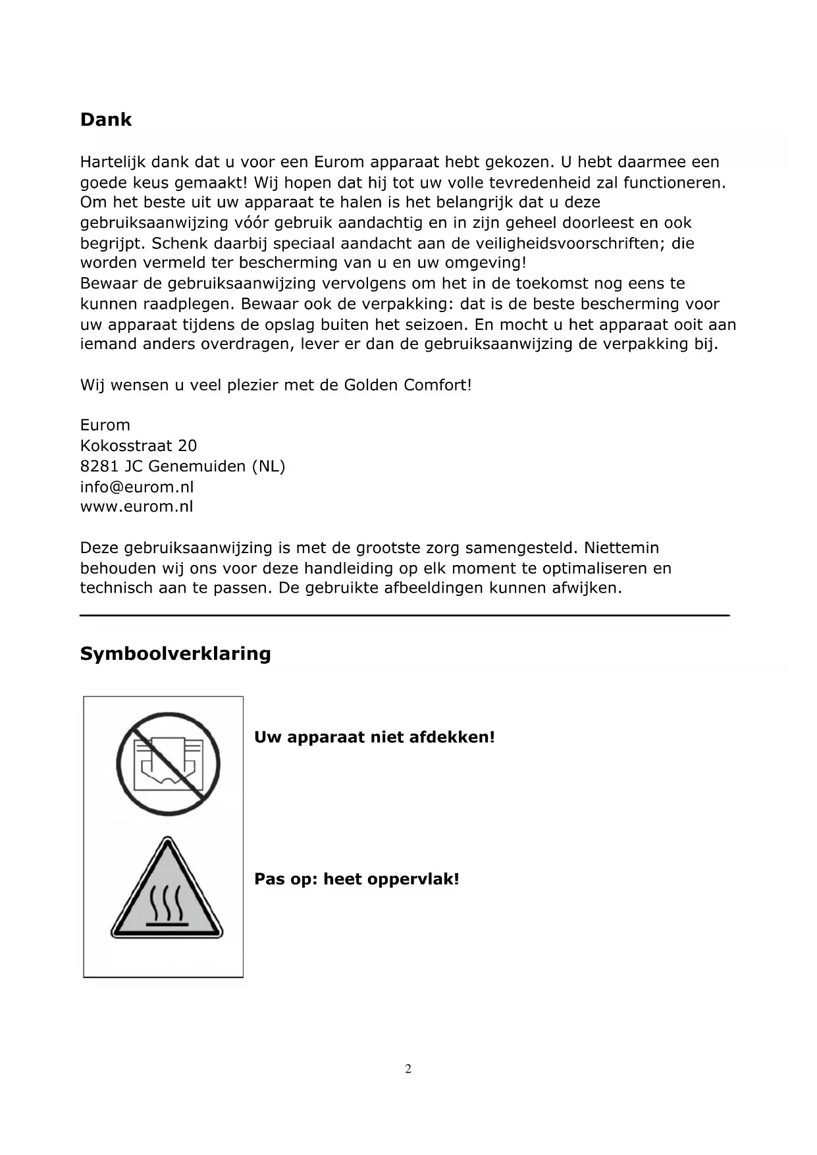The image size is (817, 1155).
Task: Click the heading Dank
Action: coord(105,120)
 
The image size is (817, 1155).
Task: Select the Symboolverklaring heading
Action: coord(175,654)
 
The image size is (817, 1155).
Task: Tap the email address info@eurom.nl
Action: coord(137,487)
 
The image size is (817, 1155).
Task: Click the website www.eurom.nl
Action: coord(137,507)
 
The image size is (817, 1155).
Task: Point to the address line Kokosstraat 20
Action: coord(138,446)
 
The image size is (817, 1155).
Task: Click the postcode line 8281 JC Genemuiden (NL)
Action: coord(182,466)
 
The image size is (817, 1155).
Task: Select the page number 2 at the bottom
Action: coord(408,1069)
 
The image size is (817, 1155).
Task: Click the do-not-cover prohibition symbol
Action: coord(168,764)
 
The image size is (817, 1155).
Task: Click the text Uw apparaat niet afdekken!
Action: coord(374,737)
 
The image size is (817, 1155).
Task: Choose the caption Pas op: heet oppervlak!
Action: coord(356,879)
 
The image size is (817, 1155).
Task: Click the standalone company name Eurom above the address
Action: coord(105,425)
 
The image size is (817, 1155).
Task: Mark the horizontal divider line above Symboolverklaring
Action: coord(405,615)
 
